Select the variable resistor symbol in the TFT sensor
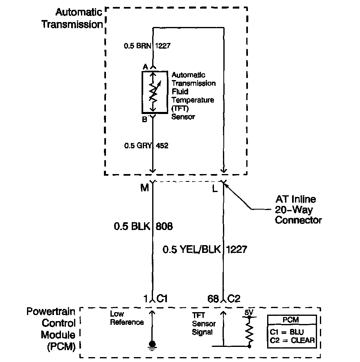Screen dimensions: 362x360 (x=153, y=92)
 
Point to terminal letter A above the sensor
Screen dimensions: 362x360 (x=145, y=67)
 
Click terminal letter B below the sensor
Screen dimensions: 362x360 (x=145, y=119)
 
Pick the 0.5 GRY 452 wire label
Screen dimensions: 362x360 (x=146, y=145)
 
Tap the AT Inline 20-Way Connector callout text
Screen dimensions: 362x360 (x=298, y=210)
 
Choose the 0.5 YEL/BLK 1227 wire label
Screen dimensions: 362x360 (x=205, y=249)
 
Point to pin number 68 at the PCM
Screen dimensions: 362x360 (x=213, y=299)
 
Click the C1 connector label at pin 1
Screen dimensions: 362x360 (x=162, y=299)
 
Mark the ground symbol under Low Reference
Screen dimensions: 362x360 (x=153, y=344)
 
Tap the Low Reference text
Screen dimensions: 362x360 (x=126, y=318)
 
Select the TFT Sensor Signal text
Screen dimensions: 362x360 (x=204, y=324)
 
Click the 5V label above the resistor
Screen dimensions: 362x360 (x=249, y=313)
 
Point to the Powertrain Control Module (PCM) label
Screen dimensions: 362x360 (x=52, y=329)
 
